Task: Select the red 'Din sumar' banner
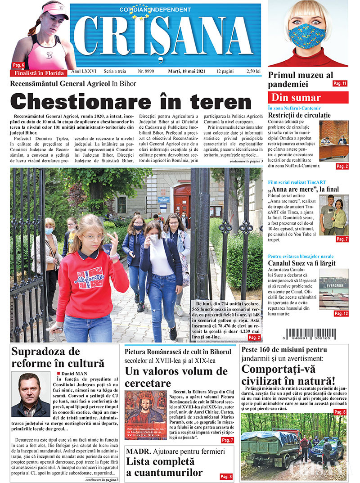click(x=308, y=98)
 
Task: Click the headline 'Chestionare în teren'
click(x=130, y=101)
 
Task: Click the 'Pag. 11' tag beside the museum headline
click(x=340, y=84)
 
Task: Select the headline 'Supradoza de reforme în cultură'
click(x=58, y=357)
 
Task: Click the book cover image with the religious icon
click(x=145, y=415)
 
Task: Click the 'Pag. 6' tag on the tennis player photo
click(x=18, y=65)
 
